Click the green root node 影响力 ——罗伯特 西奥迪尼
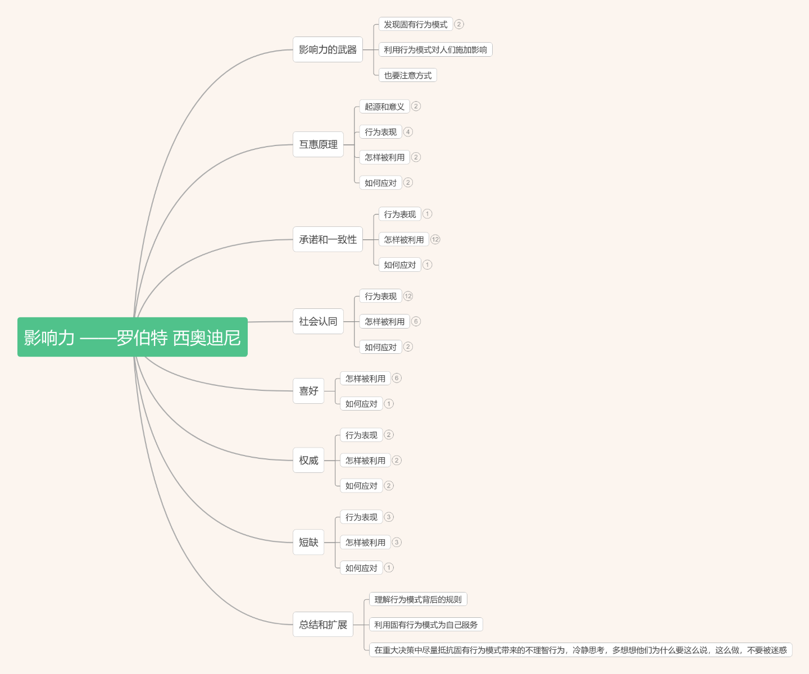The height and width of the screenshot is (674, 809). pyautogui.click(x=133, y=337)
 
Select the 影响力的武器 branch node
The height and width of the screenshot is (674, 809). pyautogui.click(x=328, y=49)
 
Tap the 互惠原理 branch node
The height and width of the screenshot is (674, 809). pyautogui.click(x=318, y=144)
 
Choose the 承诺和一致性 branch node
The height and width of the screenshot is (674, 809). pyautogui.click(x=328, y=239)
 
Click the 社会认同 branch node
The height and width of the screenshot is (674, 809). pyautogui.click(x=318, y=321)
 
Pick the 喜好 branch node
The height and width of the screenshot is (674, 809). pyautogui.click(x=308, y=391)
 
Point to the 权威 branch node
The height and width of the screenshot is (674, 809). pyautogui.click(x=308, y=460)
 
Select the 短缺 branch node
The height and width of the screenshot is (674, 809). pyautogui.click(x=308, y=543)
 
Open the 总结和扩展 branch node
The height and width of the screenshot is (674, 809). pyautogui.click(x=323, y=625)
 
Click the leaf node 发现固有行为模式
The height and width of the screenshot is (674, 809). pyautogui.click(x=416, y=24)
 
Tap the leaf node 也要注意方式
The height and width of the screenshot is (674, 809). pyautogui.click(x=408, y=75)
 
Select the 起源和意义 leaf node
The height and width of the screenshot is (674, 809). pyautogui.click(x=384, y=107)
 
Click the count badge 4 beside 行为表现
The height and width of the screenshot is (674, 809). pyautogui.click(x=408, y=131)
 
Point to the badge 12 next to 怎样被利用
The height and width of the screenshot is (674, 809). pyautogui.click(x=435, y=239)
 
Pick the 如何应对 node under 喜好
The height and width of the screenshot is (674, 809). pyautogui.click(x=361, y=404)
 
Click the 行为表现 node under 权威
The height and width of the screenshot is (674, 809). pyautogui.click(x=361, y=435)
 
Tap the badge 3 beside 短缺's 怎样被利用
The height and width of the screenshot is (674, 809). pyautogui.click(x=397, y=543)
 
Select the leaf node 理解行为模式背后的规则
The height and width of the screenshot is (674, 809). pyautogui.click(x=418, y=599)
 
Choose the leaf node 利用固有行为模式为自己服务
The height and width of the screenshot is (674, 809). pyautogui.click(x=426, y=625)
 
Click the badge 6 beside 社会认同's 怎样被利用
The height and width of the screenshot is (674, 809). pyautogui.click(x=416, y=321)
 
